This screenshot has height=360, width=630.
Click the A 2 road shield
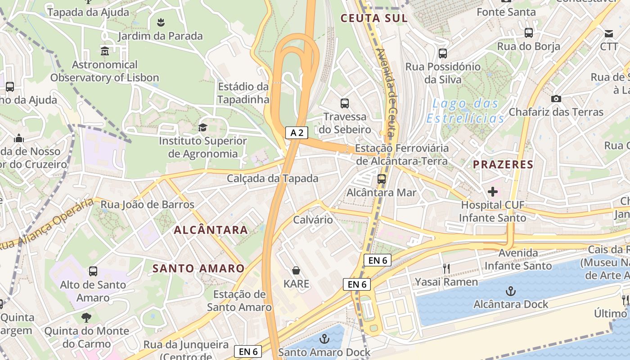[x=297, y=132]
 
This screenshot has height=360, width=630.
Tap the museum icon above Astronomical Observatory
[x=105, y=50]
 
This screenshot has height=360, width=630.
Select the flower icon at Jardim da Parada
[x=160, y=22]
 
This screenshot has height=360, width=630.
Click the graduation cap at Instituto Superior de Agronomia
[x=202, y=127]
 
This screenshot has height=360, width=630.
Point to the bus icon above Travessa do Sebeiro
[x=345, y=103]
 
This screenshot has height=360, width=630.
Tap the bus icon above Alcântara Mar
[x=382, y=179]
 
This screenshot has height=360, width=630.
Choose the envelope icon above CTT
[x=609, y=33]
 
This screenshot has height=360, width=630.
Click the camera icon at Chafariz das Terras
[x=556, y=99]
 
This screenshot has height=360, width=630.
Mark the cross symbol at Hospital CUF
[x=493, y=192]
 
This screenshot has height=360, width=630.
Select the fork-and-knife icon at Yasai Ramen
[x=446, y=269]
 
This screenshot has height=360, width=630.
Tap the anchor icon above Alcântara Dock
[x=510, y=291]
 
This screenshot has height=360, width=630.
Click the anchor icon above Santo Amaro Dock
[x=324, y=339]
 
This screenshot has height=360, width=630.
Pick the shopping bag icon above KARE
[x=296, y=270]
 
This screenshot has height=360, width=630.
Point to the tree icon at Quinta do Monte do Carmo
[x=86, y=318]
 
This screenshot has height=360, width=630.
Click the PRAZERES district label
[x=503, y=165]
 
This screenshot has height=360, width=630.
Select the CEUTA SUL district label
[x=374, y=18]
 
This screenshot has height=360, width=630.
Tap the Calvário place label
[x=313, y=220]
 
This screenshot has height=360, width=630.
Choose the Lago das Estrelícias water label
[x=465, y=111]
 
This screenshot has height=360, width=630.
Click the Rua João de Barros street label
[x=147, y=205]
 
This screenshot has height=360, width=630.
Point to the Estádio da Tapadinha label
[x=243, y=93]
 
